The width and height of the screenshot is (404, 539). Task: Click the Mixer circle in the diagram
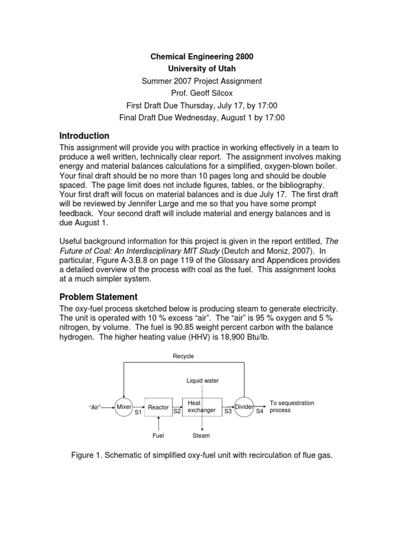pos(124,407)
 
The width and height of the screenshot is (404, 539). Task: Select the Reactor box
pos(158,407)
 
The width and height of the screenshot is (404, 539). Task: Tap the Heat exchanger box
pos(201,407)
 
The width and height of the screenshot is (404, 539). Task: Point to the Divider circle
pos(244,407)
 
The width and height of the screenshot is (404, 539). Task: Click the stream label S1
pos(138,413)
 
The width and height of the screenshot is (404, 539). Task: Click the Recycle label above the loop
pos(184,356)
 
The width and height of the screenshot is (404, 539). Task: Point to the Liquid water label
pos(203,381)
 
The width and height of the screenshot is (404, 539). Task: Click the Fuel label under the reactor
pos(158,435)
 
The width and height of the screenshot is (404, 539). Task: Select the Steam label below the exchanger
pos(201,435)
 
